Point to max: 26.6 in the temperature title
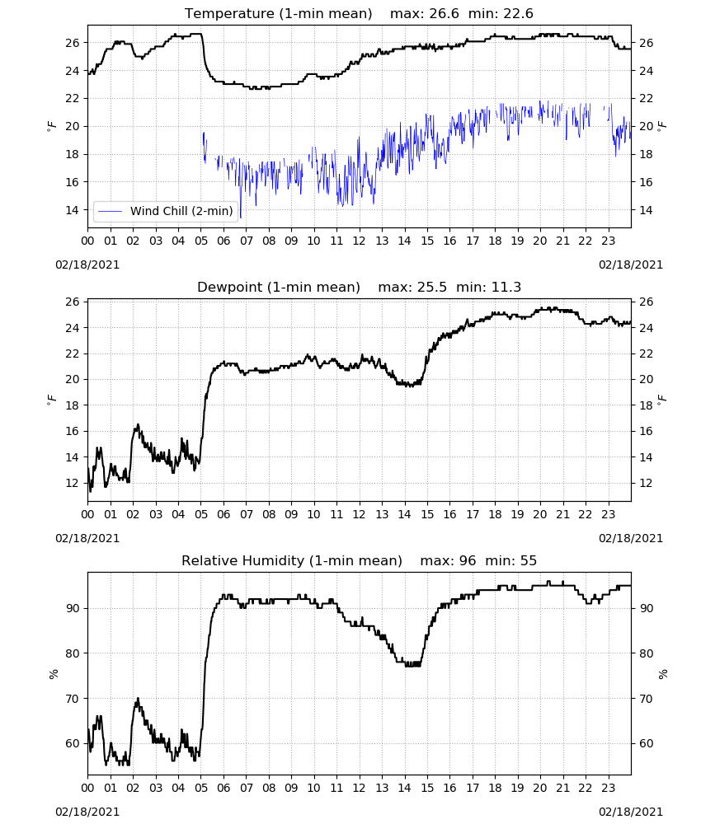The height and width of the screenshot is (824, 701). coord(425,13)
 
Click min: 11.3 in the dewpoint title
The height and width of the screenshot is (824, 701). coord(488,287)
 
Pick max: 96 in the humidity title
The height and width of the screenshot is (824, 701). coord(448,560)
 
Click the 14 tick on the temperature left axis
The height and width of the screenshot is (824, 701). coord(73,210)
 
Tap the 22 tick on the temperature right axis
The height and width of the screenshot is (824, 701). coord(646,98)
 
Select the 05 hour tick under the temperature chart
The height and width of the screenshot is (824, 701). coord(201,241)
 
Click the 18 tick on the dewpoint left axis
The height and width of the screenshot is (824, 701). coord(73,405)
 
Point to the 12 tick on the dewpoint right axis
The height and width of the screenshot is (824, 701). coord(646,483)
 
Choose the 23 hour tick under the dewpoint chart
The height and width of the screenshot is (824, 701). coord(609,514)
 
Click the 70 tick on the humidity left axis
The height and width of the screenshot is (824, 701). coord(73,699)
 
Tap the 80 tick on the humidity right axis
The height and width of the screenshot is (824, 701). coord(646,653)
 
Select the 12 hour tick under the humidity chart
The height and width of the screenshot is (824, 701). coord(360,789)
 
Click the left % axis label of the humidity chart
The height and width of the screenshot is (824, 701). coord(53,674)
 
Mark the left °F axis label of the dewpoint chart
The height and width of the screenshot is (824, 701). coord(51,400)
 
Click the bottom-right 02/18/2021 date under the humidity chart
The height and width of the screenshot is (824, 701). coord(631,812)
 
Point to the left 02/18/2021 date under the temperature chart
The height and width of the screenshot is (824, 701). coord(87,265)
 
